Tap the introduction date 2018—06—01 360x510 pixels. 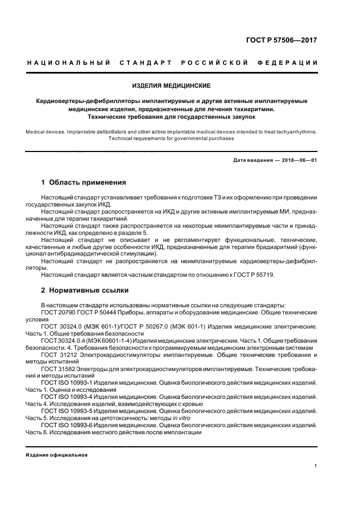coord(297,160)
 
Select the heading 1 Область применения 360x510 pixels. coord(84,183)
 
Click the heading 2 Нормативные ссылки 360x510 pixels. coord(77,291)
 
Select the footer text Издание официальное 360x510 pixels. coord(57,454)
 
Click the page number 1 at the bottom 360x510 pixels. coord(316,466)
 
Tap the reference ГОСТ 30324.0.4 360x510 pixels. coord(64,340)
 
